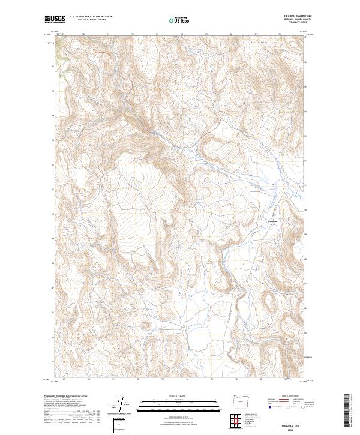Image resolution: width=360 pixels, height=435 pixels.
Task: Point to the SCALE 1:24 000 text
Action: point(172,395)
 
